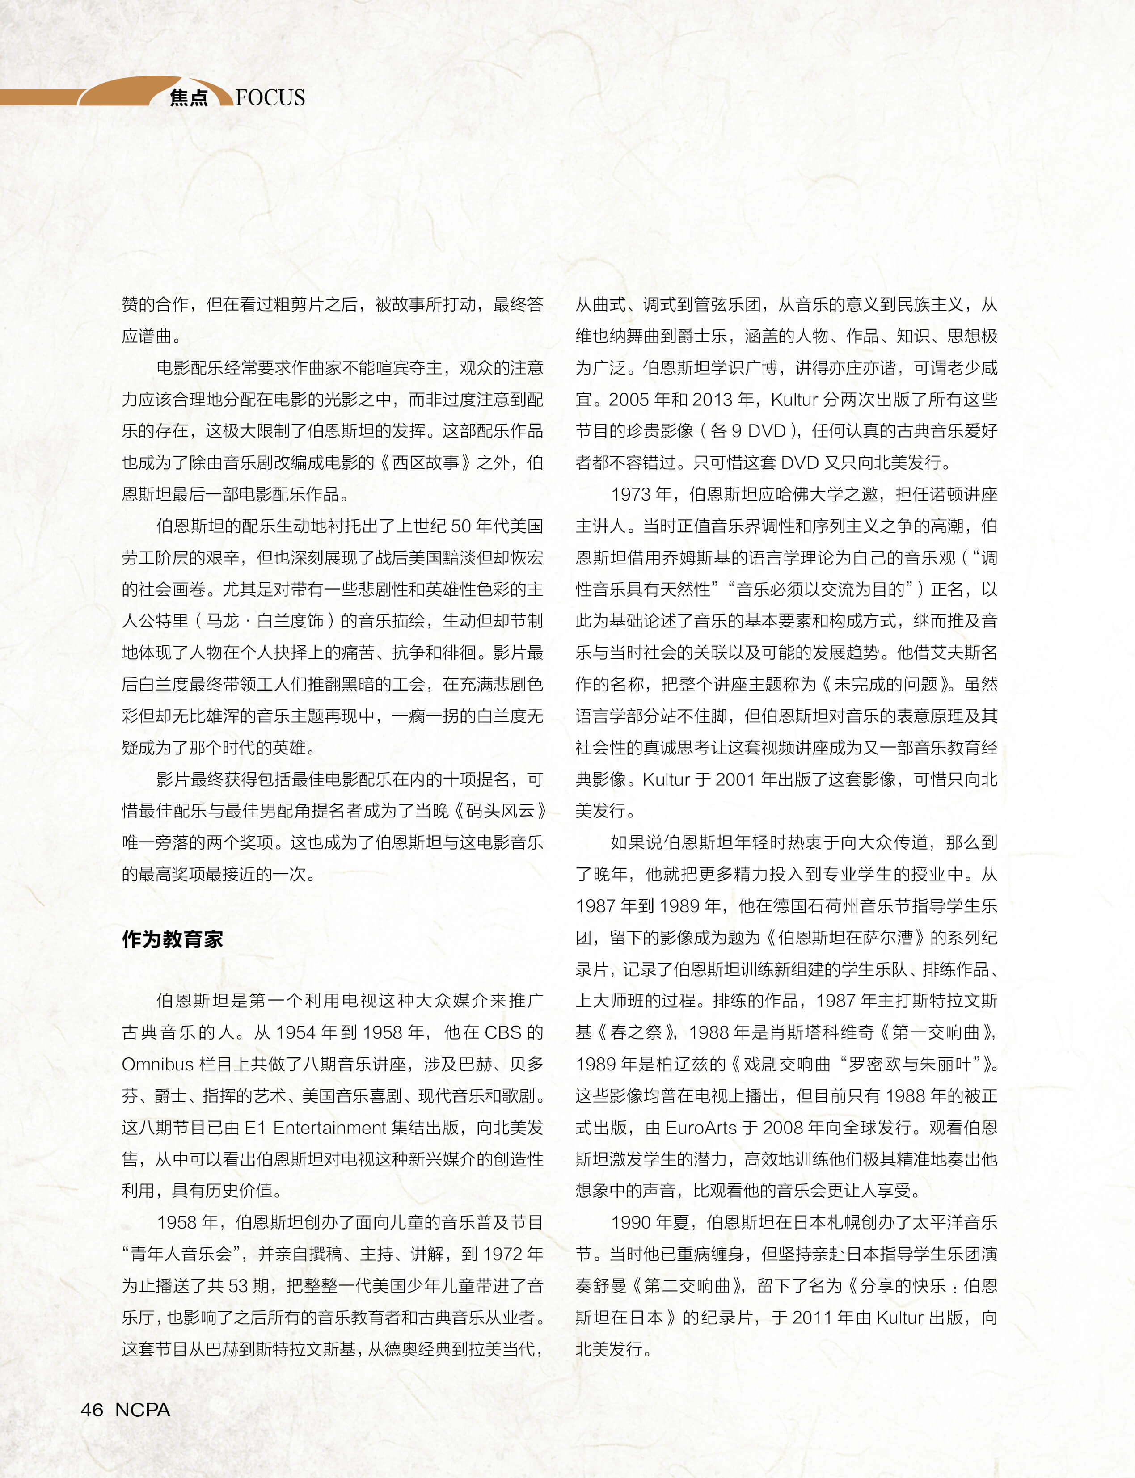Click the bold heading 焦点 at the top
coord(189,98)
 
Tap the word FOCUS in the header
coord(270,98)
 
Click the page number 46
coord(92,1409)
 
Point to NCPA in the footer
coord(143,1409)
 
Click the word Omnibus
coord(157,1064)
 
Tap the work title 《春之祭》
coord(636,1032)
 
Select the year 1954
coord(295,1032)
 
